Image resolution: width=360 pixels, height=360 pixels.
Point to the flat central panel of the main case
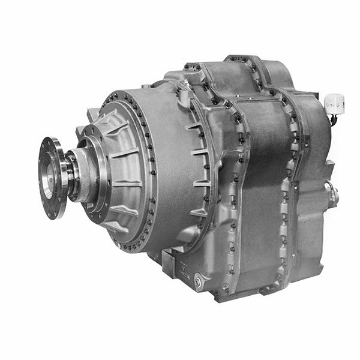tap(258, 180)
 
